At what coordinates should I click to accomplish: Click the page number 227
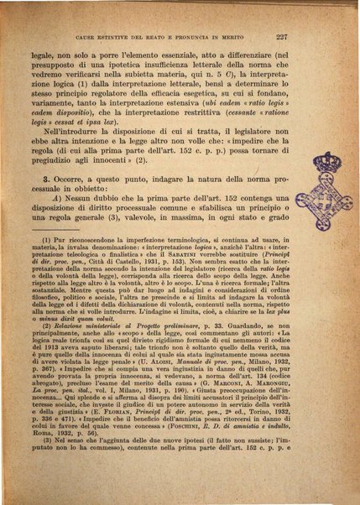click(x=305, y=37)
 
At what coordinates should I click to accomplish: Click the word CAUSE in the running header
click(x=86, y=38)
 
